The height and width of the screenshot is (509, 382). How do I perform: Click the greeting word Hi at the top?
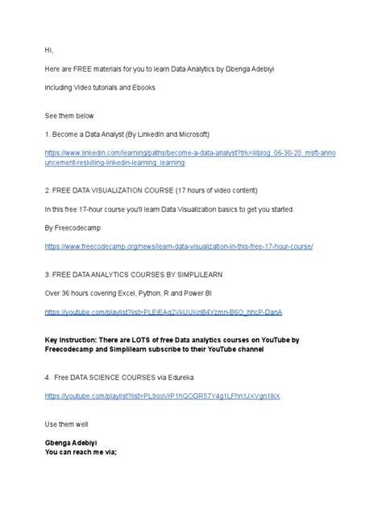click(x=48, y=49)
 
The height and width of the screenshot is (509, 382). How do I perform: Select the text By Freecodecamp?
click(x=72, y=227)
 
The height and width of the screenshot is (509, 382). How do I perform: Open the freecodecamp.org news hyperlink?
click(x=178, y=246)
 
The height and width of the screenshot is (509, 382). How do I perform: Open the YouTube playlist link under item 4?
click(x=162, y=397)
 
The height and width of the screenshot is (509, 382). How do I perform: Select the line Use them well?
click(x=69, y=424)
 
